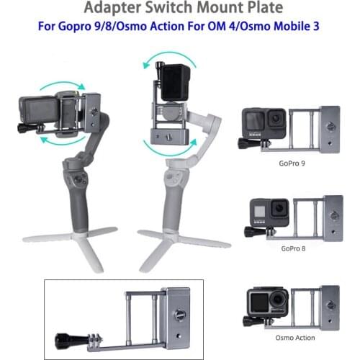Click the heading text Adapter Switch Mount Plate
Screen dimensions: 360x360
pyautogui.click(x=180, y=9)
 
